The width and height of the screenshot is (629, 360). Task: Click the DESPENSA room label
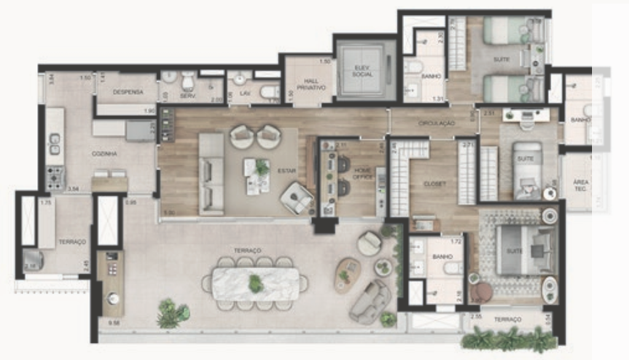pos(128,92)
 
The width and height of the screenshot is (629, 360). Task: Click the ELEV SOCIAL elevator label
pos(363,71)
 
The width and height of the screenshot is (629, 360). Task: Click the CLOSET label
pos(434,184)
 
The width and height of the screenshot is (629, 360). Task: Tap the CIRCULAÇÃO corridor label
pos(436,123)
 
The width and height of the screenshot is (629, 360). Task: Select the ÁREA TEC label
pos(580,185)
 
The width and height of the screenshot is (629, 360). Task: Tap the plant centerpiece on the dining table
pos(256,283)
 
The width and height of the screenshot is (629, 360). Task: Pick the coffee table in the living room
pos(257,175)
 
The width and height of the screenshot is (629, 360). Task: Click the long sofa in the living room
pos(211,174)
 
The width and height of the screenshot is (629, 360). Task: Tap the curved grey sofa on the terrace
pos(370,301)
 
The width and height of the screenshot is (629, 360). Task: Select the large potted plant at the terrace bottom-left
pos(172,314)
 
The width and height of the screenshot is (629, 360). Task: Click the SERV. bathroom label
pos(187,96)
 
